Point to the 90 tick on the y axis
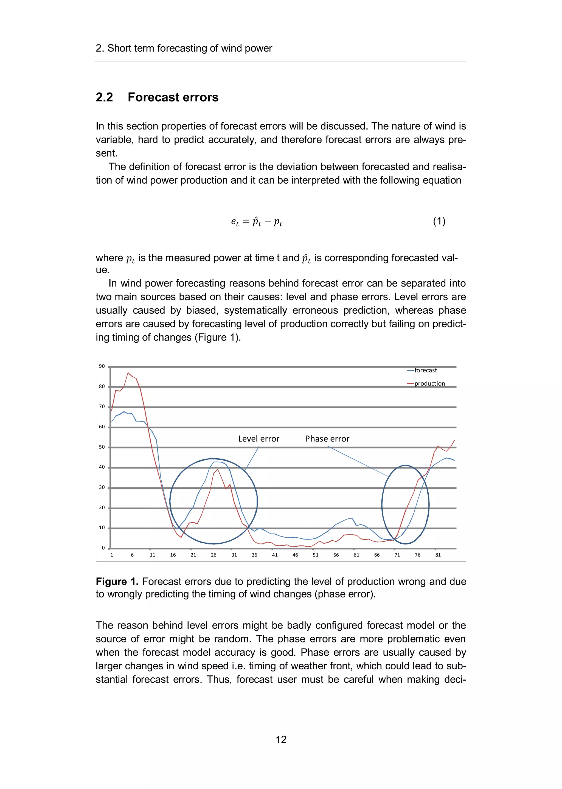[x=102, y=366]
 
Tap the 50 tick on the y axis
[x=102, y=447]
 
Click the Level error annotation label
[x=258, y=439]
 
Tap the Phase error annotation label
[x=327, y=439]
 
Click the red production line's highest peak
[x=128, y=373]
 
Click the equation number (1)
[x=439, y=221]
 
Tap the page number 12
[x=281, y=740]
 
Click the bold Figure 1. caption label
[x=117, y=581]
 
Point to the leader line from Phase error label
[x=358, y=462]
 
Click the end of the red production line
[x=454, y=440]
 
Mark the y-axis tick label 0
[x=103, y=548]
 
